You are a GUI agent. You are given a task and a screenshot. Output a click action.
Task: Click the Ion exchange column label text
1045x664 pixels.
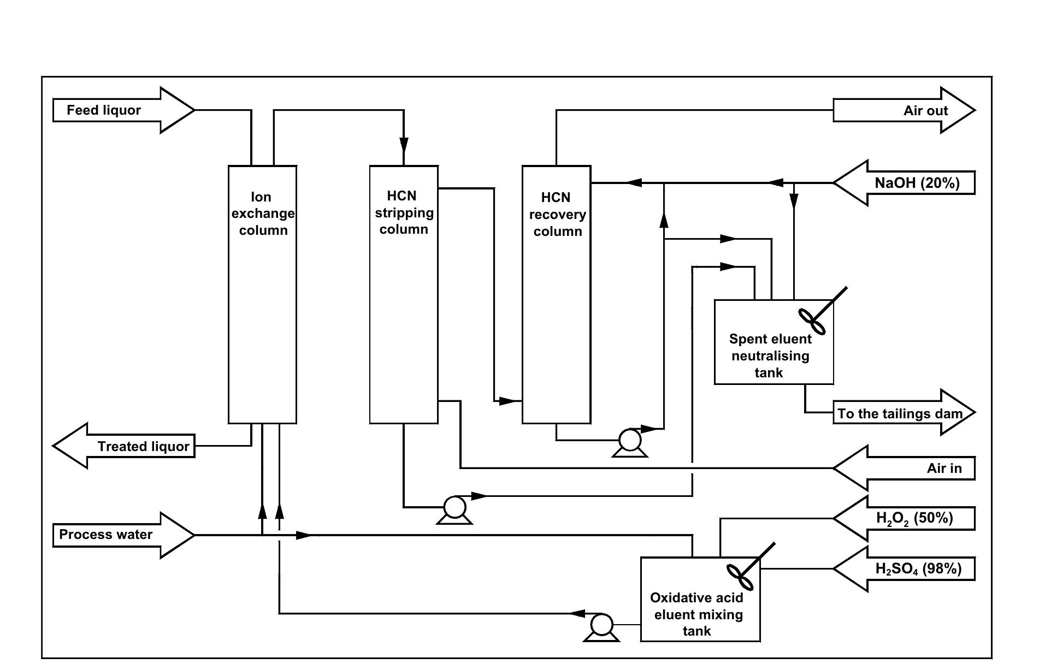coord(263,214)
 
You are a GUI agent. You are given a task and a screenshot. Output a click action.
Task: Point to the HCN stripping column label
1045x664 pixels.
coord(404,212)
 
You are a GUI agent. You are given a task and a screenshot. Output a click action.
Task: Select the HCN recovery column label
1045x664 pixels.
coord(557,214)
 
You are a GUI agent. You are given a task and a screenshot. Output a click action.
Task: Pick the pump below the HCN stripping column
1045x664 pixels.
coord(454,508)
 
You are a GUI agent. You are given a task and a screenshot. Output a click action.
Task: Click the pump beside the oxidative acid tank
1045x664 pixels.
coord(601,626)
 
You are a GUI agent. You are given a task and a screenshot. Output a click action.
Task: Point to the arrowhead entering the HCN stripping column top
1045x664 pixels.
coord(404,145)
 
